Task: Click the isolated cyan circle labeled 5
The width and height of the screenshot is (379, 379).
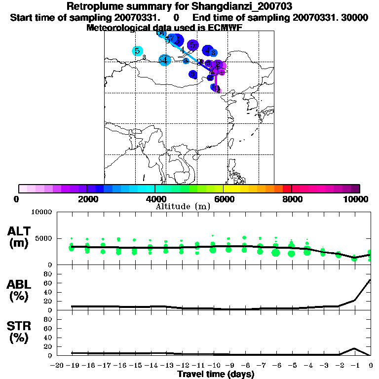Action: pos(138,51)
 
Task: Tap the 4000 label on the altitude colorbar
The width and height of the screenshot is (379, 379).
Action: pos(155,199)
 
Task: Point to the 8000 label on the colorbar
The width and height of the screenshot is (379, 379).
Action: pos(292,199)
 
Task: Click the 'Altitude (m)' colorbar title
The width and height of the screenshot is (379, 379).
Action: pos(183,206)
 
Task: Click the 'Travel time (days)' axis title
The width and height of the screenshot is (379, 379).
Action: pos(216,374)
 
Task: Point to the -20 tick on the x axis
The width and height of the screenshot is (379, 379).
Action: pos(57,365)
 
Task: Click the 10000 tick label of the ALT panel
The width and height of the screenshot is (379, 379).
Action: pos(41,212)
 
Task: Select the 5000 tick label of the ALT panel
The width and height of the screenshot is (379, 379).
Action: pos(43,239)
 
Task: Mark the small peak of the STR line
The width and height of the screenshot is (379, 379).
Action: pos(354,348)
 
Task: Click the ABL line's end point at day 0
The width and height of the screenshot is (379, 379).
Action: pos(370,280)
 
